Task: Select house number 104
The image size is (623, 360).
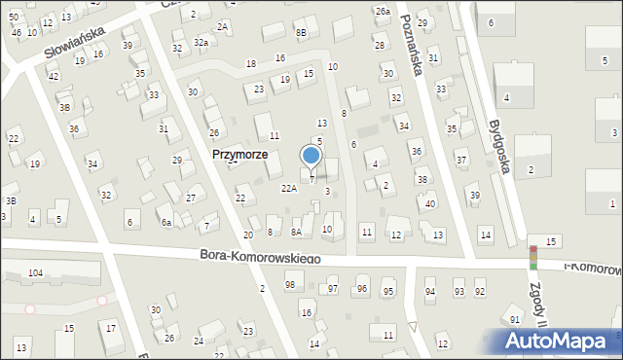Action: pyautogui.click(x=36, y=273)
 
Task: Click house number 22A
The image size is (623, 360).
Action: pyautogui.click(x=289, y=188)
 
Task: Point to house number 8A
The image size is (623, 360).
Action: pyautogui.click(x=296, y=233)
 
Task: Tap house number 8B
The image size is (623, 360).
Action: pyautogui.click(x=302, y=33)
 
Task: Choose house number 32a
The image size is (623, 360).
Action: pyautogui.click(x=201, y=43)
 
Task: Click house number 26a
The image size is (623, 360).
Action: pyautogui.click(x=383, y=11)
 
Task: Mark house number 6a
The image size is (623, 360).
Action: pyautogui.click(x=166, y=223)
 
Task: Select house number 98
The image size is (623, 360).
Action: pyautogui.click(x=289, y=284)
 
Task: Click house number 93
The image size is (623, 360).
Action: pyautogui.click(x=458, y=292)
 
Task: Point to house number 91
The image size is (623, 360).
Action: pyautogui.click(x=515, y=320)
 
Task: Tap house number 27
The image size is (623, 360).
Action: pyautogui.click(x=191, y=198)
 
